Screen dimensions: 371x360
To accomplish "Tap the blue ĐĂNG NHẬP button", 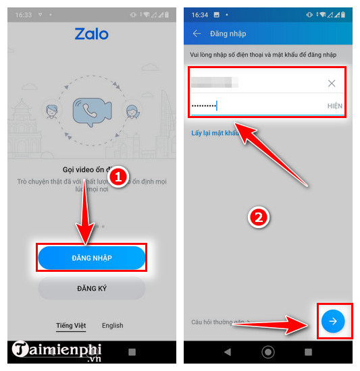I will point(92,258).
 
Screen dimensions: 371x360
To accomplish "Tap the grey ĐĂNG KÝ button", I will point(92,289).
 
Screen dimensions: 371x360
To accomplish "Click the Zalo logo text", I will point(91,34).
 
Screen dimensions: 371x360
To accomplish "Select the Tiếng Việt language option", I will point(71,325).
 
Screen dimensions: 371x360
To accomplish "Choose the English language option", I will point(112,325).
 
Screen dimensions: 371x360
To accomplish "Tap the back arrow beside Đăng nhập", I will point(197,34).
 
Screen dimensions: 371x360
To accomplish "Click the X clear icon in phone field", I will point(332,83).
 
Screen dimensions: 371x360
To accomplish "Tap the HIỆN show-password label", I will point(334,106).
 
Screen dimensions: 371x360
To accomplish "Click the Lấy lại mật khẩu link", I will point(215,133).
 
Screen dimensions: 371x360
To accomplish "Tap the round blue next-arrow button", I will point(332,322).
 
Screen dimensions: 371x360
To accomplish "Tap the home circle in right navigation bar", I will point(268,351).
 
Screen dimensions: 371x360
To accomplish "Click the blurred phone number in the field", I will point(215,83).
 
